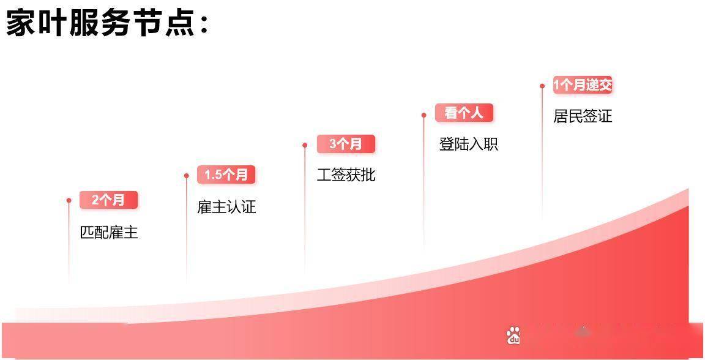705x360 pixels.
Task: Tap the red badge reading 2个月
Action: click(108, 200)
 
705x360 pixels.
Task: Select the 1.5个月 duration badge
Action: click(226, 174)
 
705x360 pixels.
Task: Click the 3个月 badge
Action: click(346, 144)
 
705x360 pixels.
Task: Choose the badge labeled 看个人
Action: click(464, 113)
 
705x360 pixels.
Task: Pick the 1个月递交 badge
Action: click(582, 84)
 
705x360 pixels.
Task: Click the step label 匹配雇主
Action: click(109, 233)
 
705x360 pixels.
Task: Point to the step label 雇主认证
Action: click(226, 206)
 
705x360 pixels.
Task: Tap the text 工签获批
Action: click(346, 174)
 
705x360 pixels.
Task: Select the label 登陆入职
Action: click(469, 144)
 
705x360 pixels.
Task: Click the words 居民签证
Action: click(583, 116)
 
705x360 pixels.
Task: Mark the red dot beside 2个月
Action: click(69, 201)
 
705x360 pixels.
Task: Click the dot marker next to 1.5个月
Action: click(187, 176)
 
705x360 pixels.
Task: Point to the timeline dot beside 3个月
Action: click(305, 145)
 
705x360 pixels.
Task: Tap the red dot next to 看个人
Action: click(423, 115)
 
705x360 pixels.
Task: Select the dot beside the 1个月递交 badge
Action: click(542, 86)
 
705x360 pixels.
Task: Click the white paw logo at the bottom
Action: click(513, 336)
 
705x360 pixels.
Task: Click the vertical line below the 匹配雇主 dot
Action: click(69, 243)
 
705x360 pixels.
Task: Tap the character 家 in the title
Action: click(20, 24)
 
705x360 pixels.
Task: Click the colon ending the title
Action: click(204, 26)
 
